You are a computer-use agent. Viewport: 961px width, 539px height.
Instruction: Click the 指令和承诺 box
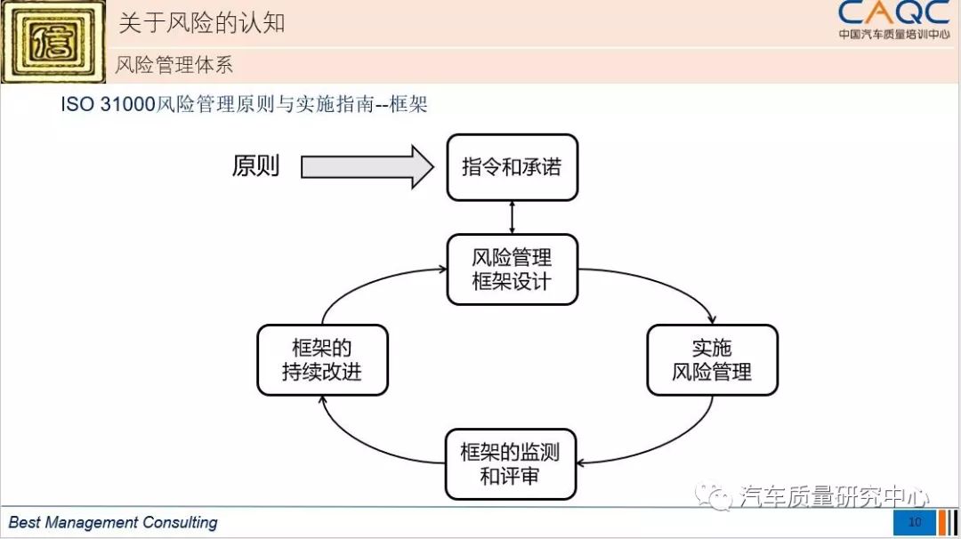512,167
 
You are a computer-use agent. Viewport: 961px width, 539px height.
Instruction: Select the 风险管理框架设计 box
512,269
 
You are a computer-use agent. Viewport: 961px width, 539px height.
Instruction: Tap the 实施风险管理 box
712,359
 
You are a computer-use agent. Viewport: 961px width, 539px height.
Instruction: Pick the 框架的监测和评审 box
511,463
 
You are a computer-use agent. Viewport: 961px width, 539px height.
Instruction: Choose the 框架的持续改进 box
322,359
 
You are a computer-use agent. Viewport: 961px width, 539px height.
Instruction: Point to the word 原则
255,166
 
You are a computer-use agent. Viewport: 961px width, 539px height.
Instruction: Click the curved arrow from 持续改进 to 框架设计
365,280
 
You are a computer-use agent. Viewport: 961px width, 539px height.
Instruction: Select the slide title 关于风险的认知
202,22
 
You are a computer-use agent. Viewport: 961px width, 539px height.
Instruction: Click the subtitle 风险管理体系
174,65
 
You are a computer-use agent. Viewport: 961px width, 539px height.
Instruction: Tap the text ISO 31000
108,104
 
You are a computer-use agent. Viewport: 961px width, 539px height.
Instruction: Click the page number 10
915,522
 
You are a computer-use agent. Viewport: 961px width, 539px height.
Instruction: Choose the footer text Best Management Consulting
113,522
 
